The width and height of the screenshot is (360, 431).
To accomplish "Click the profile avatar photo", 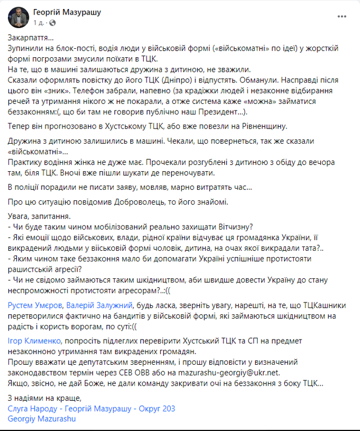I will click(x=19, y=17).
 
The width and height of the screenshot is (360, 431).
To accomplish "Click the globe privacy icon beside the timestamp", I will click(x=53, y=22).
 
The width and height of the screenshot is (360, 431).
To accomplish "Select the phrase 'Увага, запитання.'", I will click(x=39, y=217).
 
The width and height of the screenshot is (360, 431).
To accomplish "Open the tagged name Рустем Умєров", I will click(x=35, y=305).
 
